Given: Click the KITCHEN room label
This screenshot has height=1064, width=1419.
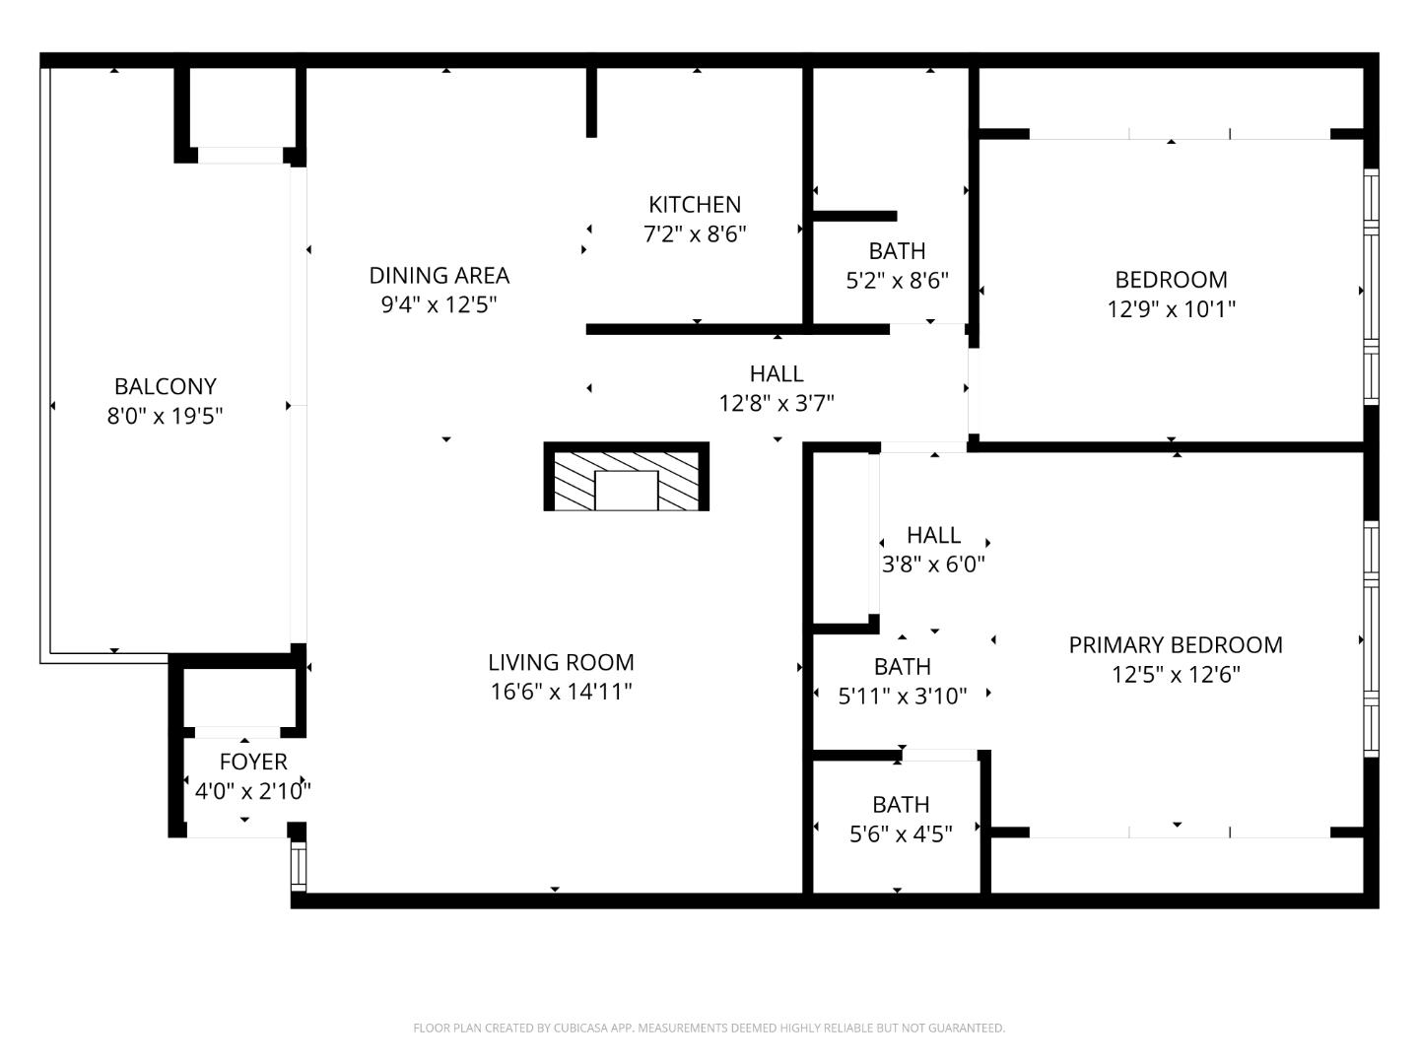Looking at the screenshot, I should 695,205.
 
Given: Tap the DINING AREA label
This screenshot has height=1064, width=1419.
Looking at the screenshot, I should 439,276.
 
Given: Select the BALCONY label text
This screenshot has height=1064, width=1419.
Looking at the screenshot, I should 166,387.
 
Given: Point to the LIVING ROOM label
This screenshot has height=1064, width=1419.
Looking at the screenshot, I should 561,663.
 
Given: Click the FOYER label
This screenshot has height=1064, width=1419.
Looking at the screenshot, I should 253,762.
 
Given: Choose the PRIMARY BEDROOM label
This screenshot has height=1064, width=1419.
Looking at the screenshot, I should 1176,645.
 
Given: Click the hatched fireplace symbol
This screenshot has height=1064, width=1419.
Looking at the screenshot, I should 627,478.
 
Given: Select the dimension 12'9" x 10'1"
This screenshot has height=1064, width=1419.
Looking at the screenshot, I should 1171,309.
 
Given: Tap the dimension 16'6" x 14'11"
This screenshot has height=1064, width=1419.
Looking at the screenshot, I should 561,693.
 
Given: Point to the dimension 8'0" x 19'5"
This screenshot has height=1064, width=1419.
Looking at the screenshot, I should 166,417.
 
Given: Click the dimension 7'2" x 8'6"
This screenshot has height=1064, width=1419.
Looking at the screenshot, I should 695,234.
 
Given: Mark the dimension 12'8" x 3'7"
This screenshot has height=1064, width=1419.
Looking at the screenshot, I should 777,403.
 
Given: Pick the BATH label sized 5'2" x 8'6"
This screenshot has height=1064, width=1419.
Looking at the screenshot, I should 897,251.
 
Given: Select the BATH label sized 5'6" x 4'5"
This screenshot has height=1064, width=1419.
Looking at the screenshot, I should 901,805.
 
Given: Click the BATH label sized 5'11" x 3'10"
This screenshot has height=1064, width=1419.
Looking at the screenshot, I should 902,667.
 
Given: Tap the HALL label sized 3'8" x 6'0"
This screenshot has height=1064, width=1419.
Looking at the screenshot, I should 933,536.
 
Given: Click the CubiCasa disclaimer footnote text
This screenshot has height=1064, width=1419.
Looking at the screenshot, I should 709,1028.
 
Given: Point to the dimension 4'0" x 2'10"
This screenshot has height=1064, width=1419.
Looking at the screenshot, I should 253,791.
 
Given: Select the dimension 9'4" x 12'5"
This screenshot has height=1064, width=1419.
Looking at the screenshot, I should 439,305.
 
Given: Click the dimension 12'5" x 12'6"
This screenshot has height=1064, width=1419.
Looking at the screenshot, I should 1176,675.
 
